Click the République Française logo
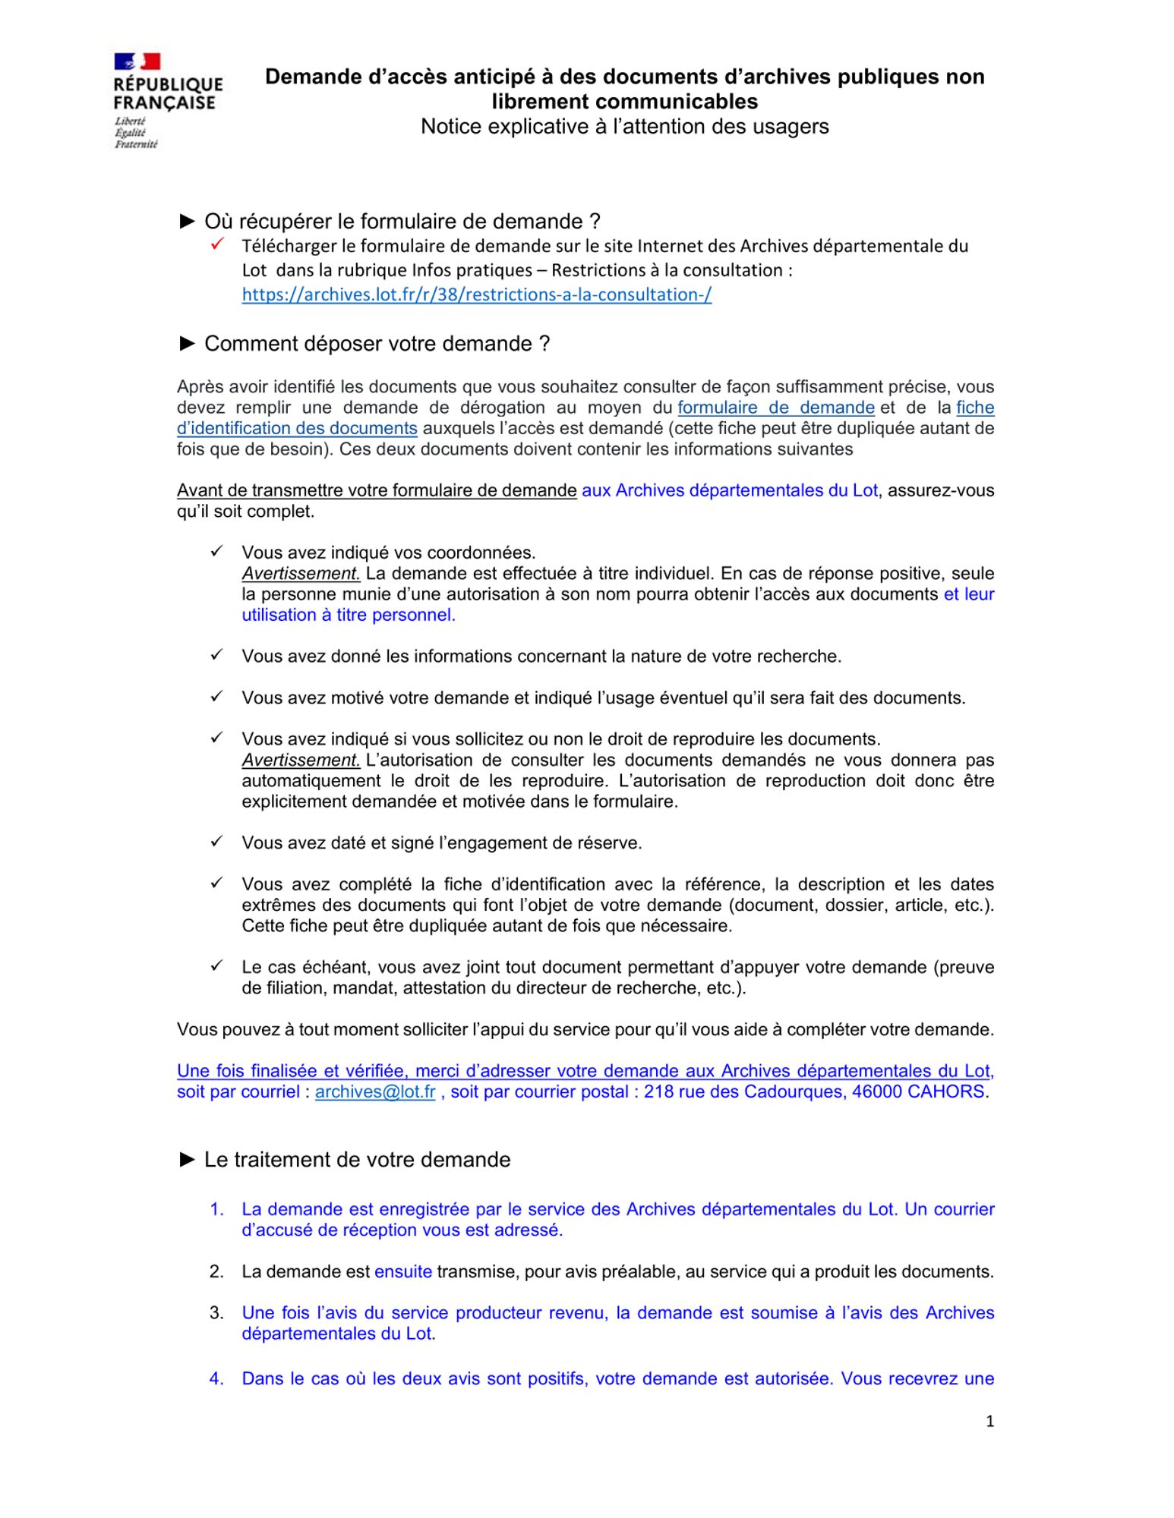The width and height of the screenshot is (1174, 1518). pos(168,99)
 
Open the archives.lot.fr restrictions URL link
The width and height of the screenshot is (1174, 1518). pos(476,294)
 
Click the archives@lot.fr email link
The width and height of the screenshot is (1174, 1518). pos(375,1091)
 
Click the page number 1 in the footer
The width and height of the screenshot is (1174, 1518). pos(989,1421)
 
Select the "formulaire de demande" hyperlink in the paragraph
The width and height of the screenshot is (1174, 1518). pos(775,408)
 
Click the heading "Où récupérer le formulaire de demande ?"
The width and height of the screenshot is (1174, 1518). pos(390,221)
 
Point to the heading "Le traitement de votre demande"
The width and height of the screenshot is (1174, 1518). pos(346,1160)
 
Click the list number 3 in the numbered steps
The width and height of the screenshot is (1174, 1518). pos(216,1312)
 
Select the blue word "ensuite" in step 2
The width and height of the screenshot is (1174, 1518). pos(403,1271)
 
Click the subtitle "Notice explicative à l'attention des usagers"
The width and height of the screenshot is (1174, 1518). pos(624,126)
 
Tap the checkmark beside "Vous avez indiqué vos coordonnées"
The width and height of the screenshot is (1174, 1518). pos(216,551)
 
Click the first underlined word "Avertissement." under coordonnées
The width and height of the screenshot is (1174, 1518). pos(301,573)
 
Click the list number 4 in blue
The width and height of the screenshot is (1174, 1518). pos(216,1378)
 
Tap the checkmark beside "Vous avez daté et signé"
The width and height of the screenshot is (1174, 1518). pos(216,842)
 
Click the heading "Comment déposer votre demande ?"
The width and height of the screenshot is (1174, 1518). pos(365,344)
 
